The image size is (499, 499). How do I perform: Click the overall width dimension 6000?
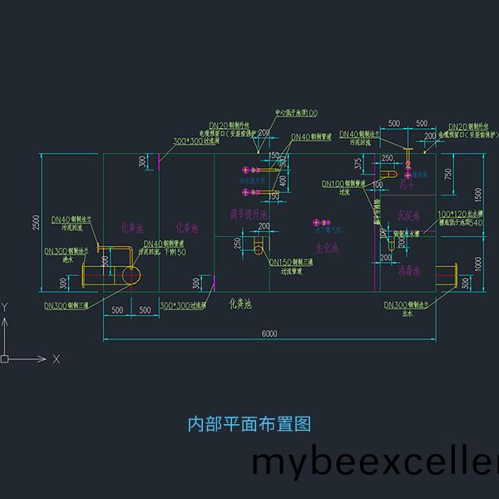click(x=269, y=333)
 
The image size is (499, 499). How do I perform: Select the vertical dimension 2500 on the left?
click(x=36, y=223)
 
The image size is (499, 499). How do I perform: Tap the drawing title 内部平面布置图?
click(x=249, y=424)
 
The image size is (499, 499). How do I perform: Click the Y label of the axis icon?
click(x=5, y=307)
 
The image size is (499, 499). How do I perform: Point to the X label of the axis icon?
click(x=57, y=359)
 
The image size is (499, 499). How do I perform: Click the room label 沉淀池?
click(x=409, y=215)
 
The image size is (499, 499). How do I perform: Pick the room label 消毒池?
click(x=408, y=270)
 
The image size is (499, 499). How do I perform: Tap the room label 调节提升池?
click(x=249, y=215)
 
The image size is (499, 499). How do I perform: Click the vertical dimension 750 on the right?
click(x=448, y=173)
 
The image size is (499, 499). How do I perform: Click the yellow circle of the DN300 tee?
click(x=130, y=275)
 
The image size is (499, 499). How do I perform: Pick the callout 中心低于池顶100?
click(x=296, y=113)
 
